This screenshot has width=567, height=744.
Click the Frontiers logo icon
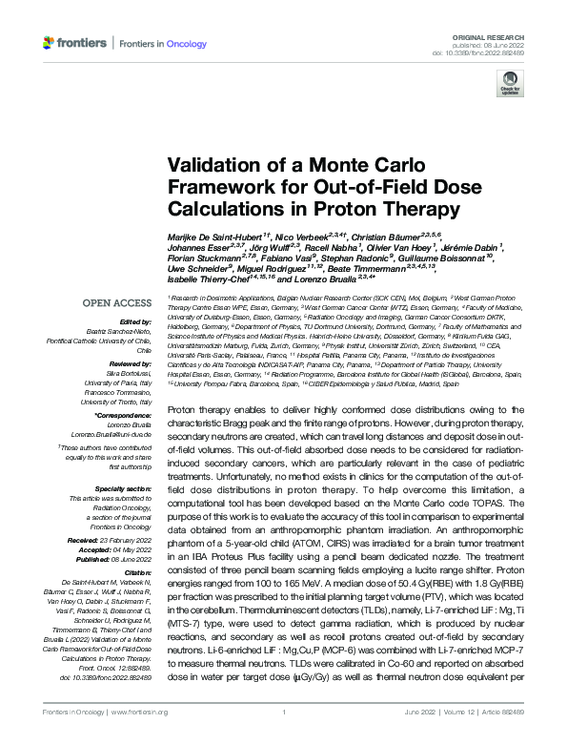tap(50, 43)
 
